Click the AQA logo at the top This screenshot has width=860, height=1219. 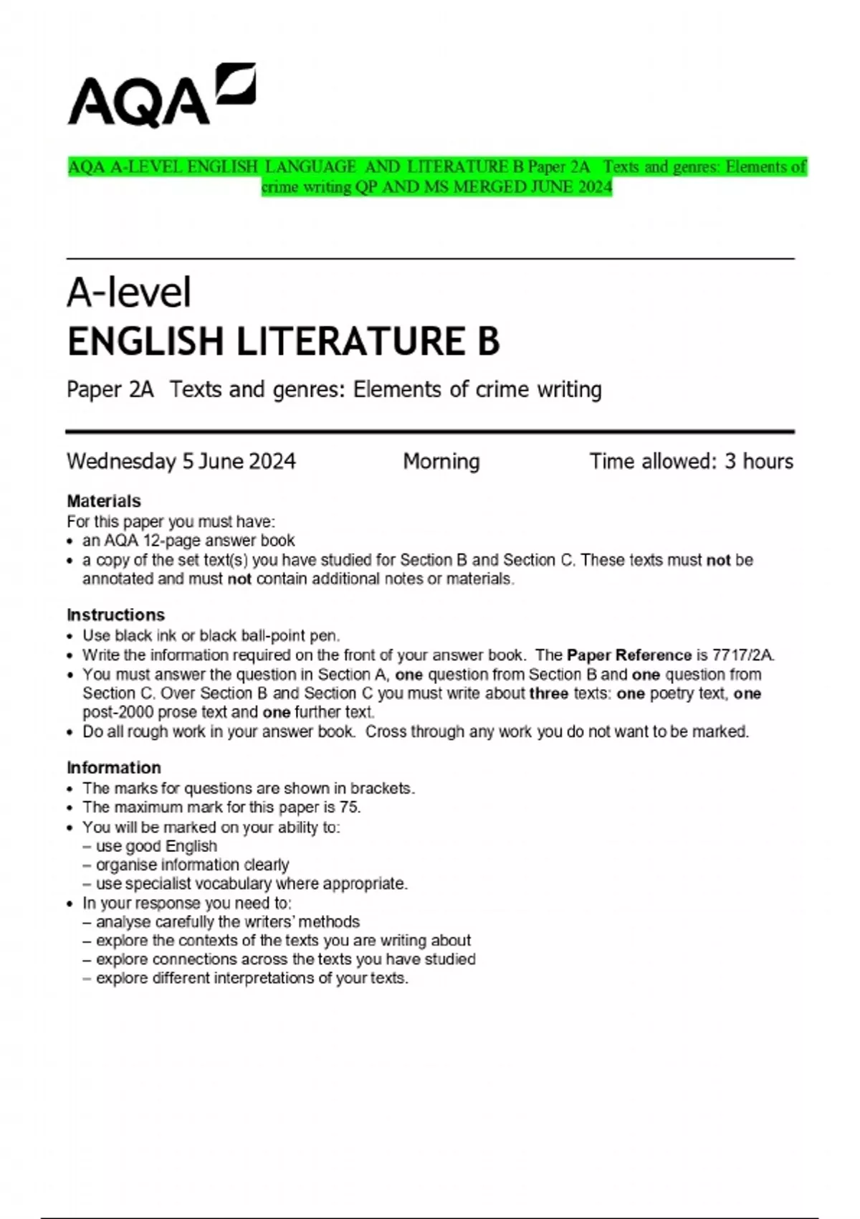161,95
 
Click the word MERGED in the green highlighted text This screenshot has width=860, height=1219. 488,187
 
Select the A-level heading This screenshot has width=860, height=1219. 129,293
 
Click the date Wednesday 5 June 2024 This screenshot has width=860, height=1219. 181,461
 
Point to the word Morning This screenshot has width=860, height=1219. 441,461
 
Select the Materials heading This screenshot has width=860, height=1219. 103,501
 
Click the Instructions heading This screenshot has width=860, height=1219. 115,615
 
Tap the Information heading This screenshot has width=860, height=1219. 113,767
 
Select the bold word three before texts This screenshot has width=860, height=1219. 548,693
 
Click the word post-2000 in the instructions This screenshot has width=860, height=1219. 117,712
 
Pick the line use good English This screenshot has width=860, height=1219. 156,846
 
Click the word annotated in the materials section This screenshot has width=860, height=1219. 117,579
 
